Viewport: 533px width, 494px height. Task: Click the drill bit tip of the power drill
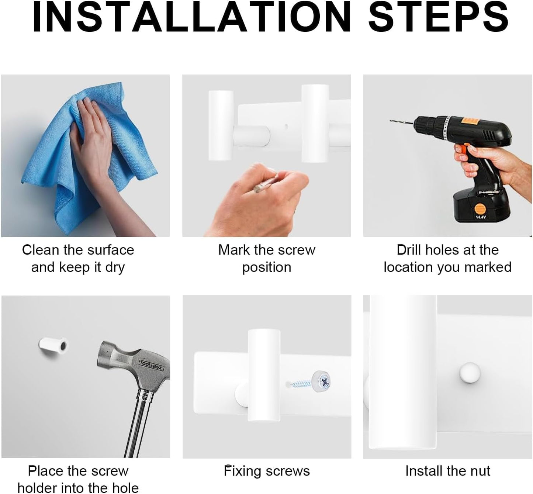[x=391, y=121]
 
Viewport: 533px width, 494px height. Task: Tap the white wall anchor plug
[x=53, y=346]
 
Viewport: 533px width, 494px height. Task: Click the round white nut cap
[x=470, y=373]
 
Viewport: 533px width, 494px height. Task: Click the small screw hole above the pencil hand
[x=286, y=126]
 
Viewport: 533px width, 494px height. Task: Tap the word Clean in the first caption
[x=41, y=250]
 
